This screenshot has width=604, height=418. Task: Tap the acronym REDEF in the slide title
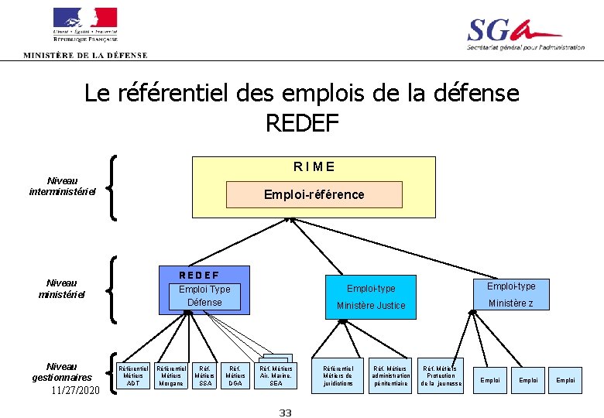point(302,122)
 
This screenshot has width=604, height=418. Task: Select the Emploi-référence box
point(314,194)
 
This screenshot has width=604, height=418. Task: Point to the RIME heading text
point(314,166)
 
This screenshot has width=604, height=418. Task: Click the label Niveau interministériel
point(62,186)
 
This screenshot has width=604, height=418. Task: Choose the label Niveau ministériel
point(61,289)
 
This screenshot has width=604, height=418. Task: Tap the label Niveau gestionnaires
point(62,372)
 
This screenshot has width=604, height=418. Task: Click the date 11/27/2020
point(75,390)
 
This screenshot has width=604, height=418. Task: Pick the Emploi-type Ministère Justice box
point(371,296)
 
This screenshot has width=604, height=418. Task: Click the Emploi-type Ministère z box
point(510,295)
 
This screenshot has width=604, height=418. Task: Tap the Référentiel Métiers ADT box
point(133,376)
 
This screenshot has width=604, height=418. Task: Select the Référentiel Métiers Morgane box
point(171,376)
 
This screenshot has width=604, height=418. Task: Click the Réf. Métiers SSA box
point(205,376)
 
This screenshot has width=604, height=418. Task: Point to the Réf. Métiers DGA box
point(235,376)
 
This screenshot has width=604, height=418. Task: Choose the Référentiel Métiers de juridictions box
point(338,376)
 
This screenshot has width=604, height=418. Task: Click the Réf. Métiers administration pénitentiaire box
point(391,376)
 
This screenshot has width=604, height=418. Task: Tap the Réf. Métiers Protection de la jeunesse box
point(441,376)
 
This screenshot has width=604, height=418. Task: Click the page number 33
point(285,413)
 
